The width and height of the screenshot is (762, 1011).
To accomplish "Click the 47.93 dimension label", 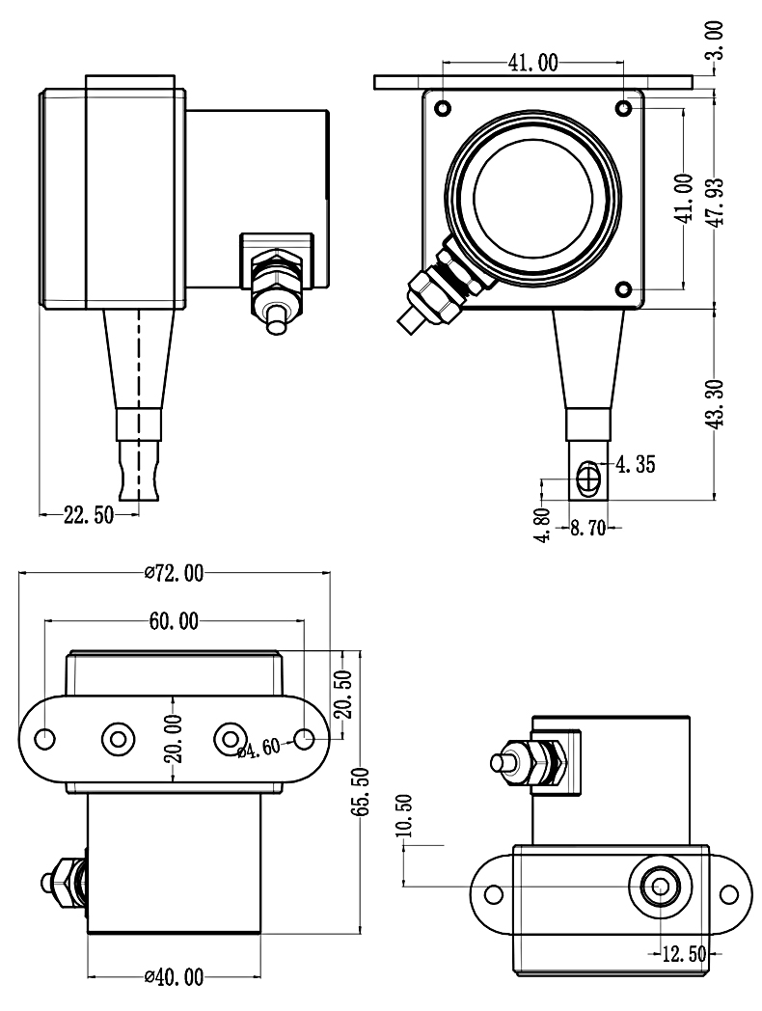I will coord(717,201).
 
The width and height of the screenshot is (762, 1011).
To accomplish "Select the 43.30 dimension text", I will coord(717,405).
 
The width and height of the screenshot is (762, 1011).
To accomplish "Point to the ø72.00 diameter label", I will coord(174,573).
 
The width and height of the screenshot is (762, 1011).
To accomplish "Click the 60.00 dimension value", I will coord(174,621).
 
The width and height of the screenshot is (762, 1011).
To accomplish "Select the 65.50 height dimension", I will coord(360,791).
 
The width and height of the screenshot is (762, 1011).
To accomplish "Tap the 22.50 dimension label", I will coord(88,515).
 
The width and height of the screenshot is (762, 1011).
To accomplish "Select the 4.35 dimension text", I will coord(635,465).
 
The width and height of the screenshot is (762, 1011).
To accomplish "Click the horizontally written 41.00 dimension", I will coord(532,64).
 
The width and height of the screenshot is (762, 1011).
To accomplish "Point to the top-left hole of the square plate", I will coord(443,107).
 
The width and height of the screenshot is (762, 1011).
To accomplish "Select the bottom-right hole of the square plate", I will coord(624,288).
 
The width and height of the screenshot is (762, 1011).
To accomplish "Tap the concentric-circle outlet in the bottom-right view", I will coord(660,885).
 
